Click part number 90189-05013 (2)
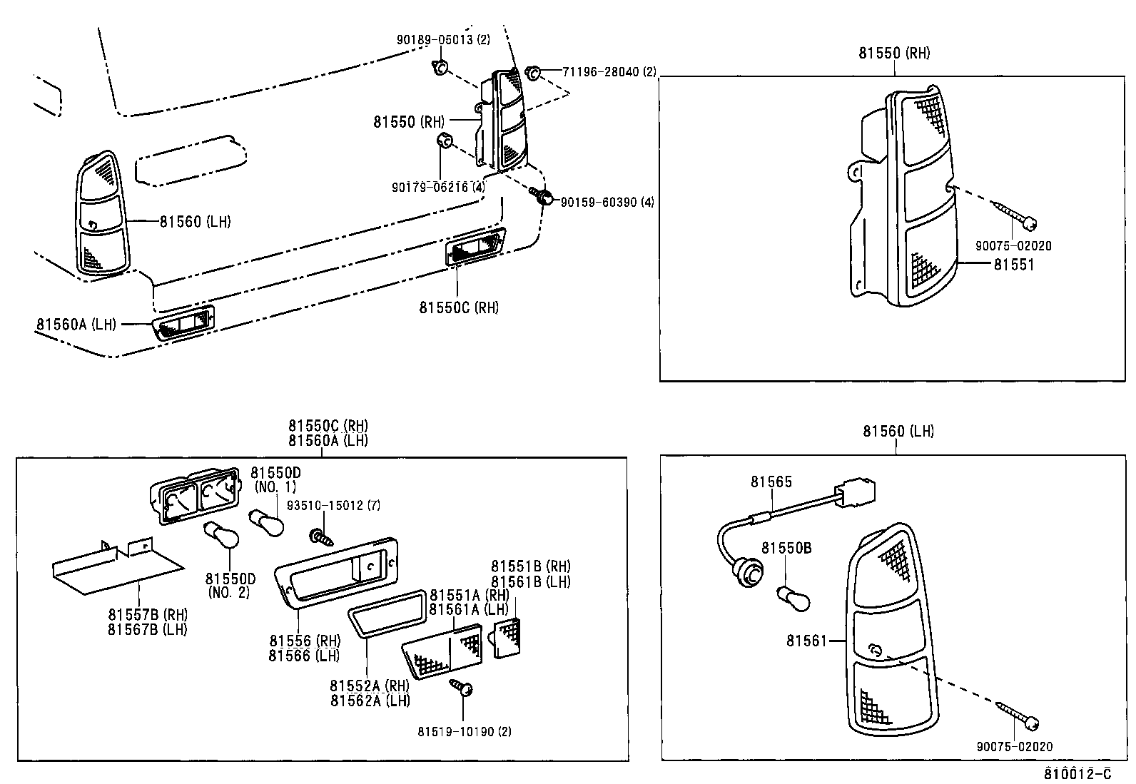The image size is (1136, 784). [x=443, y=40]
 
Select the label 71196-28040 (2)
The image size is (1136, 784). [x=609, y=72]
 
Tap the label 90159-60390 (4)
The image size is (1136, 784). [x=607, y=203]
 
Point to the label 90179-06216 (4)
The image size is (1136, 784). [x=438, y=188]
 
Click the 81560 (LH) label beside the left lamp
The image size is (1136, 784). [x=195, y=222]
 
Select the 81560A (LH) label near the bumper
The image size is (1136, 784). [x=76, y=325]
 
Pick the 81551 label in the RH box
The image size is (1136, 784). [x=1013, y=265]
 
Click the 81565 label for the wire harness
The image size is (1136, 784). [x=771, y=482]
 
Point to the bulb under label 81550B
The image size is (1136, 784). [x=793, y=597]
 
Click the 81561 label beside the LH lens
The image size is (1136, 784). [x=806, y=641]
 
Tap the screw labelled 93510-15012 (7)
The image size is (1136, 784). [x=320, y=537]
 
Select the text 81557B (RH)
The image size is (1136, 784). [x=147, y=614]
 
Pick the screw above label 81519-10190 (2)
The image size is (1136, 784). [x=462, y=688]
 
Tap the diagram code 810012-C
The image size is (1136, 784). [x=1077, y=773]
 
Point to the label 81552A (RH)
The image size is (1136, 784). [x=370, y=686]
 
